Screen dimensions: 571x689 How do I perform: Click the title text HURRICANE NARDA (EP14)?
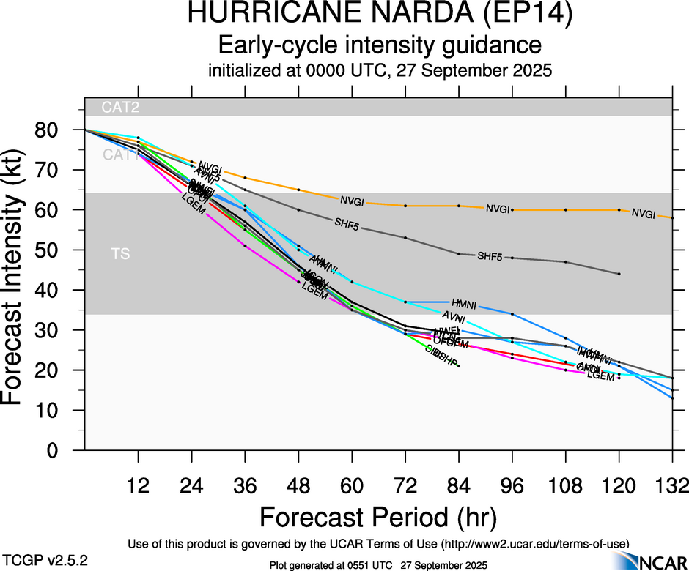[380, 15]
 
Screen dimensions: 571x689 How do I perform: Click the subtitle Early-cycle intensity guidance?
[380, 45]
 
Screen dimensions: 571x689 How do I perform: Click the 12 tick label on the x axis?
[138, 486]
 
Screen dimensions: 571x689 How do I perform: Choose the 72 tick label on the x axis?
[405, 486]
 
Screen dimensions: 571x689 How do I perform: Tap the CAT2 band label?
[121, 108]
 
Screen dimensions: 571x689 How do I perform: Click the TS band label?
[121, 254]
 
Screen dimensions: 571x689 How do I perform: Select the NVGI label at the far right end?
[643, 214]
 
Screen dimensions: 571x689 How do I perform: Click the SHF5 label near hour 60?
[347, 223]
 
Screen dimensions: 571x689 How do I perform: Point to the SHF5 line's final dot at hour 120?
[619, 274]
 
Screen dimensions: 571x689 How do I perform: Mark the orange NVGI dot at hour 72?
[405, 206]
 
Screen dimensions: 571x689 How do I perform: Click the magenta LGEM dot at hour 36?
[245, 245]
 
